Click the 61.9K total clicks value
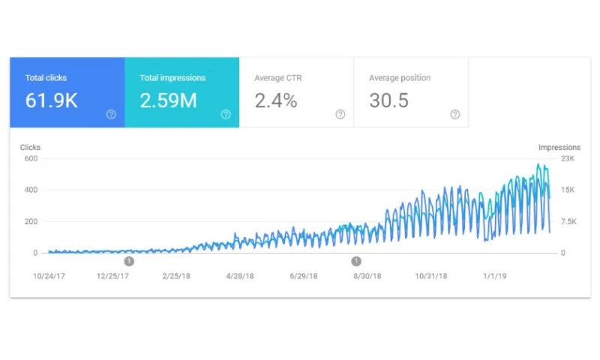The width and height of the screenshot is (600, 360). tap(51, 100)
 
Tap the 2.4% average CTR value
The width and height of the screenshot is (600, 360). tap(276, 100)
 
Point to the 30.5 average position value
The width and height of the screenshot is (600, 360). tap(388, 100)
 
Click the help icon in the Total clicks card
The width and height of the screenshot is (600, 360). tap(111, 115)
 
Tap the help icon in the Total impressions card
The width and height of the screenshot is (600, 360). tap(226, 115)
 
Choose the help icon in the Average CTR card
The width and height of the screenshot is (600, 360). tap(340, 115)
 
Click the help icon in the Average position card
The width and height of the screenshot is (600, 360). tap(455, 115)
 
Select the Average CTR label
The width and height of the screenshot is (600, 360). tap(277, 78)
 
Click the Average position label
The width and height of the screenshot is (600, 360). tap(400, 78)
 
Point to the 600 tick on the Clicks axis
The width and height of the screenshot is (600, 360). tap(30, 158)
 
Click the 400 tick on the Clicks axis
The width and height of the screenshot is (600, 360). tap(30, 190)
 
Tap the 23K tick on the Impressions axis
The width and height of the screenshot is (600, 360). tap(568, 158)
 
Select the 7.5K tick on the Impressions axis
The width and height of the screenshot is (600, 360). tap(567, 221)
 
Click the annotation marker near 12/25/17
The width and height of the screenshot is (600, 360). tap(129, 261)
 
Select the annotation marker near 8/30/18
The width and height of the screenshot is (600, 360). tap(356, 261)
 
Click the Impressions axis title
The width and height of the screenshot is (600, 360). tap(559, 148)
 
